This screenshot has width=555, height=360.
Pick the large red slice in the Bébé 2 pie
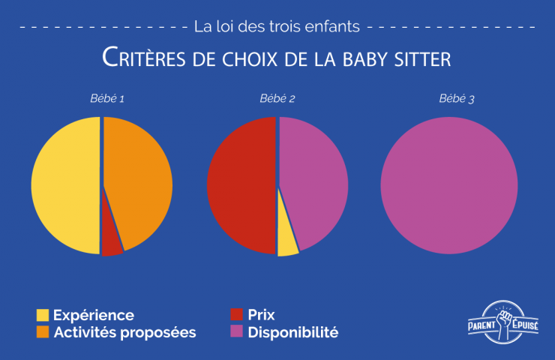pos(240,185)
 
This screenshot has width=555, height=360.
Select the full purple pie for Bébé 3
pos(449,184)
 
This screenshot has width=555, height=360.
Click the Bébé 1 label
pos(101,99)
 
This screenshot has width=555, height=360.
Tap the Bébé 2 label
pos(277,99)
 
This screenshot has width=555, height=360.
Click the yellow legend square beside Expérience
pos(43,315)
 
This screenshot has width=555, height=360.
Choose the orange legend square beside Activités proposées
pos(43,331)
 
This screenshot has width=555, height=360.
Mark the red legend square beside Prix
pos(237,315)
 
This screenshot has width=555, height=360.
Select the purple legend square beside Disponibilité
pos(237,331)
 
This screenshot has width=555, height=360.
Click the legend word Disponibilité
pos(293,331)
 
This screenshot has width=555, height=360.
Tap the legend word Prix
pos(262,315)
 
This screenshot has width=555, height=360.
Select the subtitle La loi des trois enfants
pos(277,26)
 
